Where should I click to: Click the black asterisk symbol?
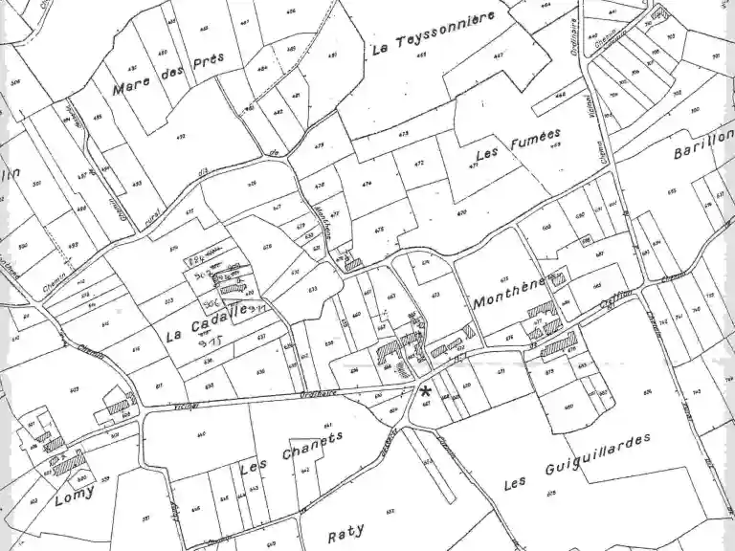[x=424, y=392]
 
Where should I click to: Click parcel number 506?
[x=15, y=83]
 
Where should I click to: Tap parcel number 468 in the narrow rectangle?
[x=560, y=95]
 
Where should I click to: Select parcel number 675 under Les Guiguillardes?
[x=551, y=492]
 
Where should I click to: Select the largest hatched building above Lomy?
[x=69, y=465]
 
